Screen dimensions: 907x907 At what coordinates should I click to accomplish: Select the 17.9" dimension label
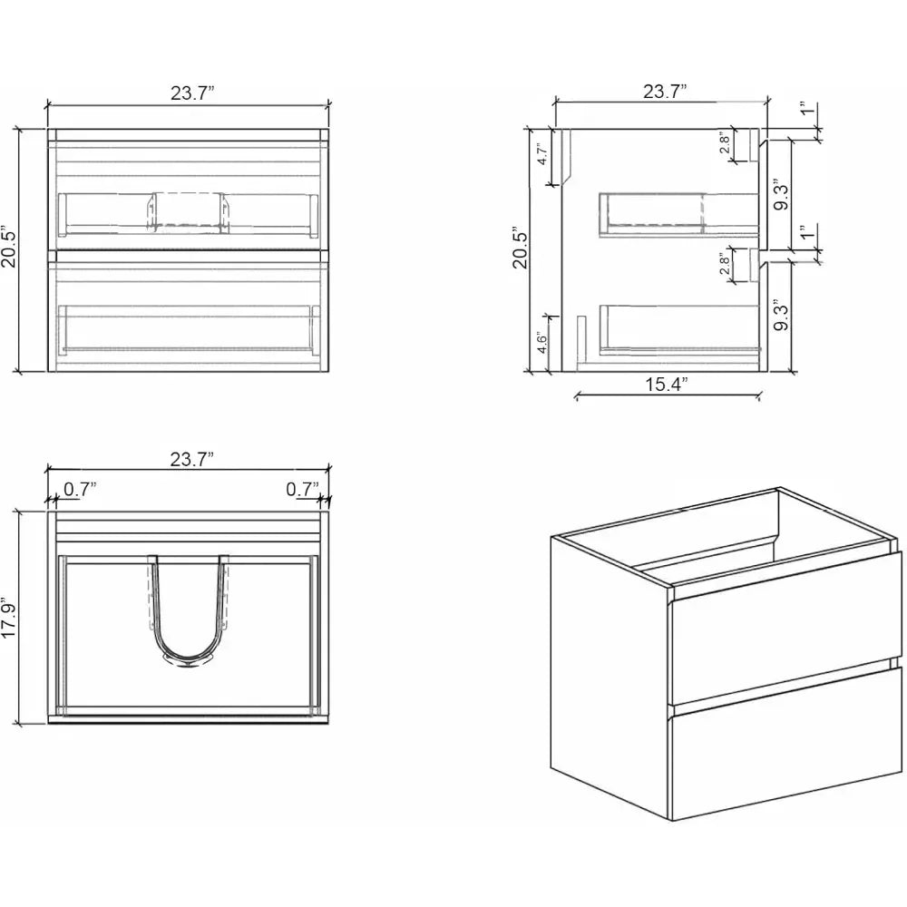coord(10,617)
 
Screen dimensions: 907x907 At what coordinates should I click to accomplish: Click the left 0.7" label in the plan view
coord(80,489)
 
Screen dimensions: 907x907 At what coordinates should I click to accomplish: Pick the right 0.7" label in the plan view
coord(302,489)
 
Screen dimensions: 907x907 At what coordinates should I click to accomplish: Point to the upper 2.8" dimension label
coord(726,146)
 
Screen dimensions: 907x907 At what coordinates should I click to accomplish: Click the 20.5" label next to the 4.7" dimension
coord(519,248)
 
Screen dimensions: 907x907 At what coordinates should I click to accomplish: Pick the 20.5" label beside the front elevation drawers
coord(10,248)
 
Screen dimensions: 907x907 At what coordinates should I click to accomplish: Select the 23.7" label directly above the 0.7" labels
coord(191,459)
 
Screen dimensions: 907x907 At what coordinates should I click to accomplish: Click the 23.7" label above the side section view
coord(665,91)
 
